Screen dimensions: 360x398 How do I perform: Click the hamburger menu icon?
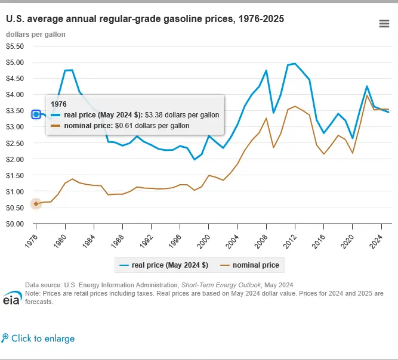pyautogui.click(x=384, y=23)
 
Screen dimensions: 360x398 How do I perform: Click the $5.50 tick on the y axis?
pyautogui.click(x=15, y=46)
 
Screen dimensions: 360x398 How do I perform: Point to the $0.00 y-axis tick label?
pyautogui.click(x=15, y=224)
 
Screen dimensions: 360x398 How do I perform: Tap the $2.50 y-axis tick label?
pyautogui.click(x=15, y=143)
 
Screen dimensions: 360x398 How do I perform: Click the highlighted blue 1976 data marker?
pyautogui.click(x=36, y=114)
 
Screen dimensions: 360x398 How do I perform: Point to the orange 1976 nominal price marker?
pyautogui.click(x=36, y=204)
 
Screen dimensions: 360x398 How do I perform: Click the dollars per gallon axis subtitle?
pyautogui.click(x=36, y=34)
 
